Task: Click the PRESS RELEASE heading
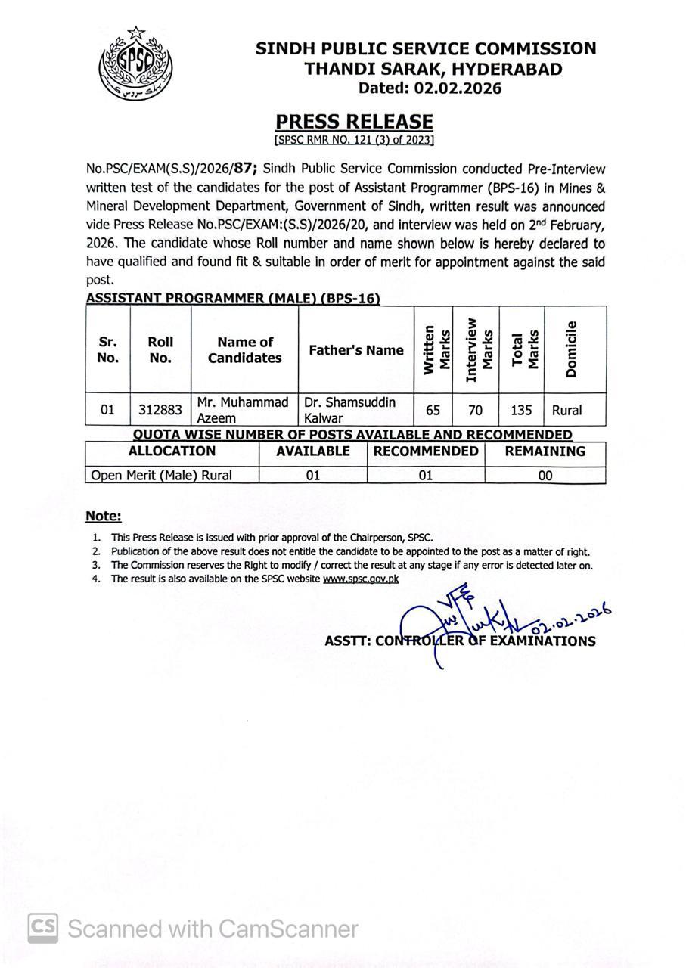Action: click(354, 122)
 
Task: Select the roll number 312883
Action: click(160, 411)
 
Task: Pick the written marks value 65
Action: click(433, 411)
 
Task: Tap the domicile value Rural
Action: click(567, 411)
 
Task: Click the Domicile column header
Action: click(572, 349)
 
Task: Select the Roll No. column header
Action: click(160, 350)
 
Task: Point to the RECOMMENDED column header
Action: click(426, 451)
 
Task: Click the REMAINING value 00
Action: click(545, 476)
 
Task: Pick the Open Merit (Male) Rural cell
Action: click(162, 476)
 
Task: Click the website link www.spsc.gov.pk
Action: click(361, 579)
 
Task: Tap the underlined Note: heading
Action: click(104, 517)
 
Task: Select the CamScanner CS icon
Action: click(42, 928)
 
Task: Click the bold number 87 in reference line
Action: click(242, 169)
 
